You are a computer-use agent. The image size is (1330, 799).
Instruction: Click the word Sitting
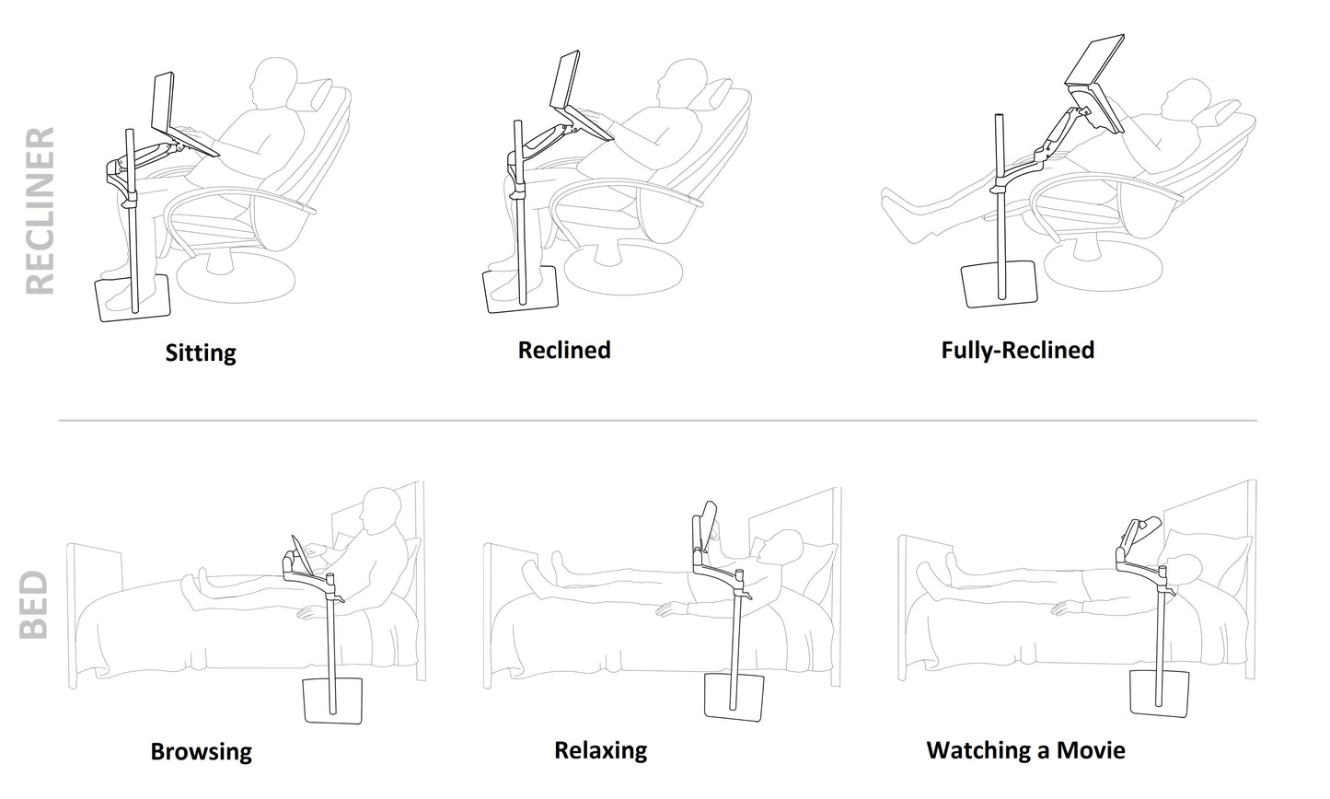coord(201,353)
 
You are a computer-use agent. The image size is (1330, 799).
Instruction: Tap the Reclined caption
coord(564,350)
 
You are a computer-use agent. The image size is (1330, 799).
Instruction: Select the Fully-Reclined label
coord(1018,350)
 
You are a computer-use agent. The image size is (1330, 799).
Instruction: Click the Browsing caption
coord(202,752)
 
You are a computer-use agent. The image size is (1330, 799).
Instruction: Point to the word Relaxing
coord(601,751)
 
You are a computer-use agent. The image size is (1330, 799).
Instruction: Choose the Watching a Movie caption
coord(1025,750)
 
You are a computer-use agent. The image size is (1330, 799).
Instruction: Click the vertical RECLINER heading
coord(41,211)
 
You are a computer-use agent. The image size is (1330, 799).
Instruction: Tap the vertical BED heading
coord(33,605)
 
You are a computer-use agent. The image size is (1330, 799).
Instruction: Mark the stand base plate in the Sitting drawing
coord(133,298)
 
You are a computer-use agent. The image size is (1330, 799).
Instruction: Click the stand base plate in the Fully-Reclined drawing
coord(999,284)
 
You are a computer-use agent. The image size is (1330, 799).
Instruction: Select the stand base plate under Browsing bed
coord(332,701)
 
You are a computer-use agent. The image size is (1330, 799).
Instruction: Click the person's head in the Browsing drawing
coord(381,511)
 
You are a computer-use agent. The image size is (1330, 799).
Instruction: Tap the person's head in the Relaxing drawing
coord(782,546)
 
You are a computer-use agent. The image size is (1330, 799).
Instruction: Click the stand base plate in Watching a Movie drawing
coord(1159,693)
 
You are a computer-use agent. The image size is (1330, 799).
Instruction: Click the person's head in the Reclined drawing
coord(683,82)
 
